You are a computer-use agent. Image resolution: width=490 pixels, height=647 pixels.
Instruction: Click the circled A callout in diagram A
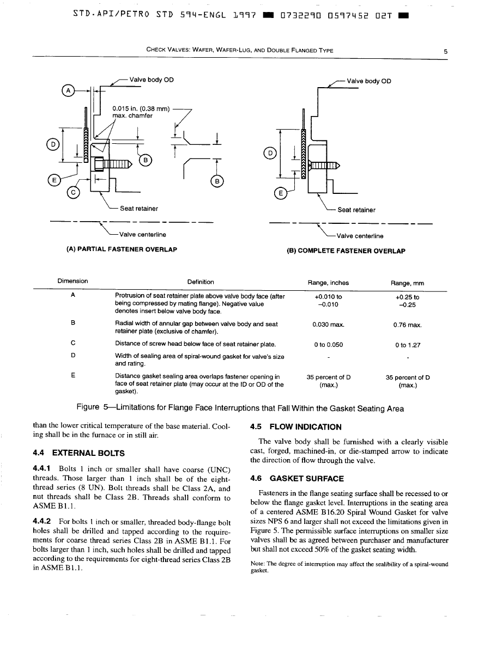tap(68, 91)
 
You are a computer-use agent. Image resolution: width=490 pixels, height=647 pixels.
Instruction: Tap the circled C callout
tap(72, 192)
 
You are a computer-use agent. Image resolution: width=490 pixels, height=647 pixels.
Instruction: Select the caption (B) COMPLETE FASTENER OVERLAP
tap(346, 251)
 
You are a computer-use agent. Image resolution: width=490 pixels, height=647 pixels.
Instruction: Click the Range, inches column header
tap(328, 283)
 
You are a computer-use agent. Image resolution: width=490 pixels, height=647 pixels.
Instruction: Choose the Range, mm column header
tap(407, 283)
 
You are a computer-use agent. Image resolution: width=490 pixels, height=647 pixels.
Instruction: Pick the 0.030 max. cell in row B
tap(328, 325)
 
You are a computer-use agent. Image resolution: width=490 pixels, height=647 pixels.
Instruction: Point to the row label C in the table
tap(72, 344)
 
